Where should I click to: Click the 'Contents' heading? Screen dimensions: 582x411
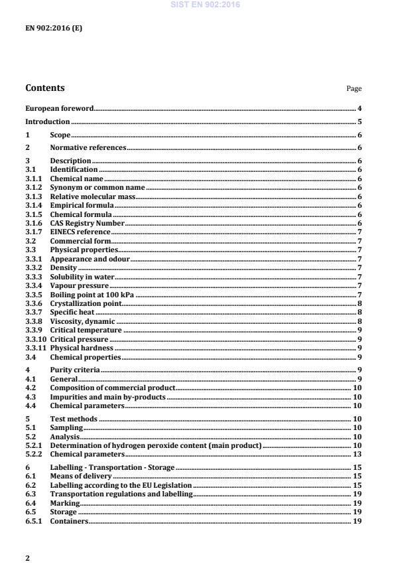(45, 88)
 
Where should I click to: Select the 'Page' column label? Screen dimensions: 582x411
(355, 89)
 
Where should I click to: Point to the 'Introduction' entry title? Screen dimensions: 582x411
(47, 121)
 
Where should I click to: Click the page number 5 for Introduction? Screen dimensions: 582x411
(359, 121)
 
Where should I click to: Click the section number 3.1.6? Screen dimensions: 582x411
(34, 223)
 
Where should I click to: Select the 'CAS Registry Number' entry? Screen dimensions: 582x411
(88, 223)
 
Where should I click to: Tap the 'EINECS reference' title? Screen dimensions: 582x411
(80, 232)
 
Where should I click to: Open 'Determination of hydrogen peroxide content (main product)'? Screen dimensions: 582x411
(156, 445)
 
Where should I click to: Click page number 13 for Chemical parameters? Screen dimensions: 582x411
(357, 455)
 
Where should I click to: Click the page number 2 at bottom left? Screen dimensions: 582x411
(27, 558)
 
